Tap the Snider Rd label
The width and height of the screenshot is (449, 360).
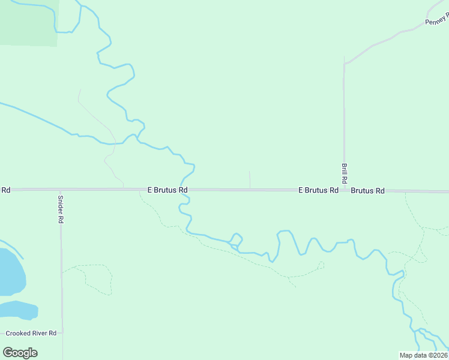pos(60,209)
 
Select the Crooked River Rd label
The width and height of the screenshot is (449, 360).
pos(31,333)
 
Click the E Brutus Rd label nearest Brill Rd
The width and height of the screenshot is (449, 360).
pos(318,190)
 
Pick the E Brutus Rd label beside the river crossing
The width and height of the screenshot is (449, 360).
pos(167,190)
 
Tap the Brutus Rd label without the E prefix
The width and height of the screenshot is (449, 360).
pos(367,191)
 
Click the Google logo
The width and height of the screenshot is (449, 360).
pos(20,352)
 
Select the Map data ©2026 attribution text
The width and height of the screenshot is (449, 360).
pos(423,355)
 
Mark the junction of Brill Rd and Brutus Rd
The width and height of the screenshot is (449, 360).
pos(345,190)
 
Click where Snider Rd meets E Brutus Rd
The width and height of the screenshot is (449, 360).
pos(60,190)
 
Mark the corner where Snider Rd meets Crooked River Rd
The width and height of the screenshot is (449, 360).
pos(61,332)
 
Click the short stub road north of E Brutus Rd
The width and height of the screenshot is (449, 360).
pos(250,179)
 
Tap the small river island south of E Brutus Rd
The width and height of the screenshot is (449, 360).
pos(237,240)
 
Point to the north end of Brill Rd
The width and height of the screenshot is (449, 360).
pos(344,58)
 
